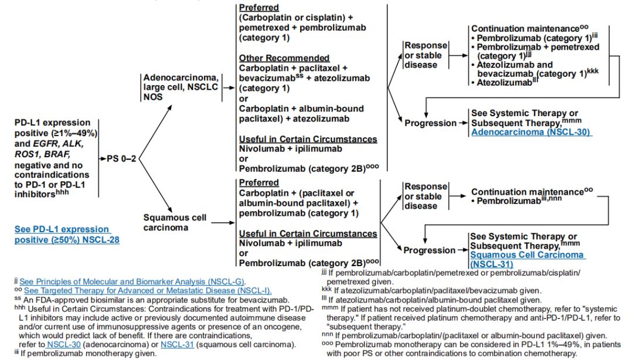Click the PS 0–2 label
[x=121, y=158]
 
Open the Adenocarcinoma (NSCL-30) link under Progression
[x=530, y=133]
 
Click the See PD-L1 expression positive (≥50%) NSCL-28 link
[x=67, y=234]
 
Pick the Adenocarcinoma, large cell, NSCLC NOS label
[x=181, y=88]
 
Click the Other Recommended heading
[x=284, y=58]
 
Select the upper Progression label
[x=430, y=123]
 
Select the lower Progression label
[x=429, y=250]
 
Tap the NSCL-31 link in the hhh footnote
[x=177, y=345]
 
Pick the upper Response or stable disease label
[x=426, y=55]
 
